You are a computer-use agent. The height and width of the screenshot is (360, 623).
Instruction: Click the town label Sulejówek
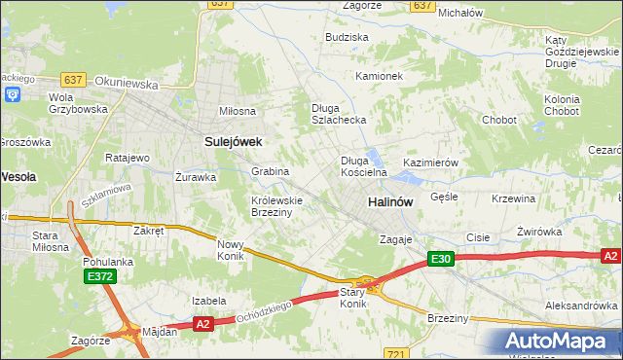(x=234, y=141)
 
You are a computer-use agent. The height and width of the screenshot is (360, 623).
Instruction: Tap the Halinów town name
(x=390, y=201)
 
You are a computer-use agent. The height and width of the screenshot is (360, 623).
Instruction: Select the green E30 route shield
(x=441, y=258)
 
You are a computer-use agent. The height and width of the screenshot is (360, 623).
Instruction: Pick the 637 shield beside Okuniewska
(x=72, y=79)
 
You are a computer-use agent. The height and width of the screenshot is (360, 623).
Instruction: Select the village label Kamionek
(x=379, y=76)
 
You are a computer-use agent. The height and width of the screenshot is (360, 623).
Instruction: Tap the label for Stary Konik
(x=352, y=298)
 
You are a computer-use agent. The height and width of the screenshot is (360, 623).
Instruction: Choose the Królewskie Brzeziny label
(x=277, y=206)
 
